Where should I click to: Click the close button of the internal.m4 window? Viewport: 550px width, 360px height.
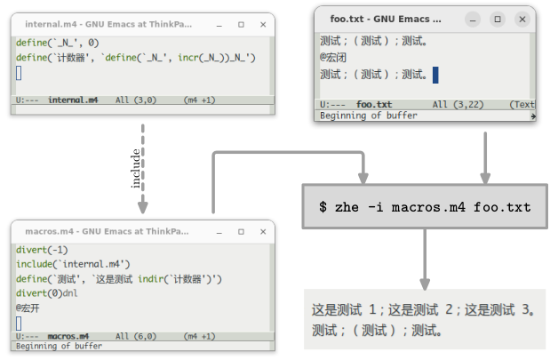click(264, 25)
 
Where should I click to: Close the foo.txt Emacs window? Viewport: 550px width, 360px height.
click(522, 18)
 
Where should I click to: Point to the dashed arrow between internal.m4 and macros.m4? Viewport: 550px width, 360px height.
click(143, 169)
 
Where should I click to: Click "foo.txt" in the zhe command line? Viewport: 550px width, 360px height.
click(502, 207)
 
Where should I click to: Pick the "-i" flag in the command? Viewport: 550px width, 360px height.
click(371, 207)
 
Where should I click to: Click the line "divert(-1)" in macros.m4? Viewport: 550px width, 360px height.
click(42, 251)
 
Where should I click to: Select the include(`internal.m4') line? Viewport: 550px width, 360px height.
click(74, 264)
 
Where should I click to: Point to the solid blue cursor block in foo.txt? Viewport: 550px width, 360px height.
click(436, 75)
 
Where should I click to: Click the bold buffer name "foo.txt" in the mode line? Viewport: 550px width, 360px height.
click(374, 104)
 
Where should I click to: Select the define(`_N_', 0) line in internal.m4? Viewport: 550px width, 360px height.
click(58, 43)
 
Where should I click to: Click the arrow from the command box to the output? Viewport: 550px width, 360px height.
click(425, 258)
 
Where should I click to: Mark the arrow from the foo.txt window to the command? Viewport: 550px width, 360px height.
click(485, 156)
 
